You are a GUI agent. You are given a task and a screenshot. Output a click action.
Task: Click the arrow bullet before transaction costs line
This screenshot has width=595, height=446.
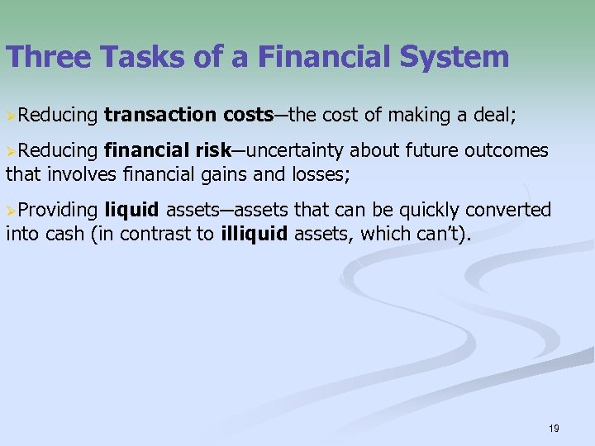[x=11, y=115]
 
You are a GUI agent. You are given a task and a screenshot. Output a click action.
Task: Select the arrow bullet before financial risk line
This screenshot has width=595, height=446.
[x=11, y=151]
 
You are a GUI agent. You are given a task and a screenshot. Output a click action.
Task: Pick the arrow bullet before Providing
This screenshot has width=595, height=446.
[x=11, y=211]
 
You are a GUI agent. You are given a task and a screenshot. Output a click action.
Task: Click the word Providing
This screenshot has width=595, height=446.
[x=58, y=211]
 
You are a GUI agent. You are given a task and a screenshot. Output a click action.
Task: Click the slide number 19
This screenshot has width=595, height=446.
[x=553, y=428]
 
